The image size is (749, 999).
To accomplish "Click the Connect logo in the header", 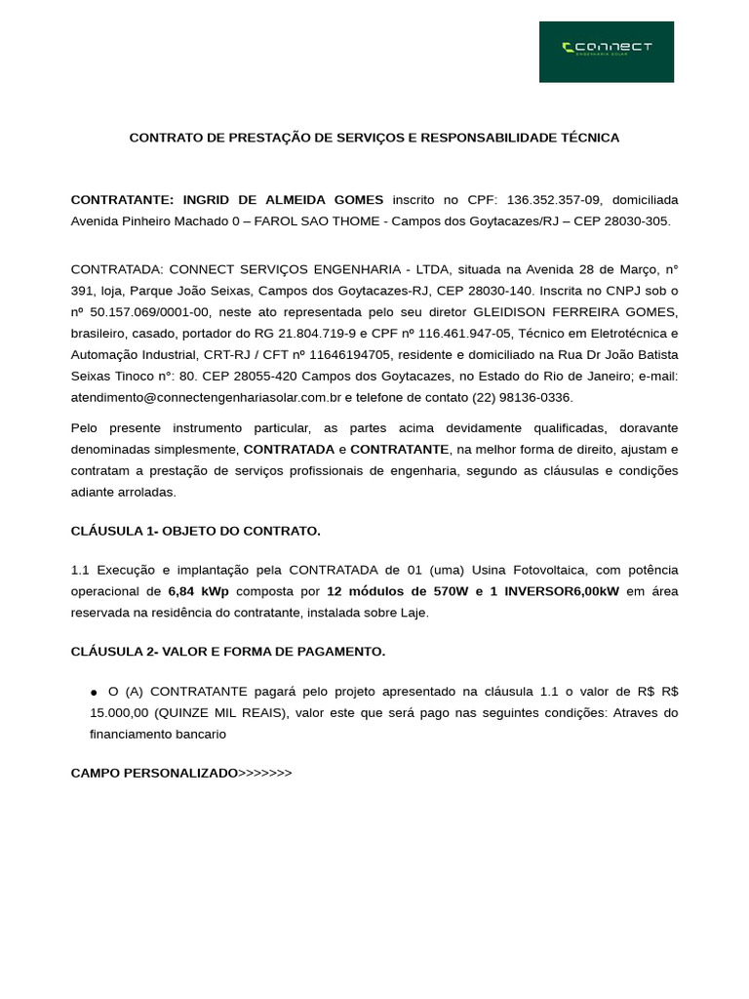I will [x=607, y=51].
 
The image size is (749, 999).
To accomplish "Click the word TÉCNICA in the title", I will [x=587, y=138].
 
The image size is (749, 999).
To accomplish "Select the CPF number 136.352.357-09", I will [x=554, y=199].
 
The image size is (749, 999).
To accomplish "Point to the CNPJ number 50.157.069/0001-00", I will [x=146, y=311].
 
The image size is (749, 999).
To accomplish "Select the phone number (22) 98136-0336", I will [x=523, y=397].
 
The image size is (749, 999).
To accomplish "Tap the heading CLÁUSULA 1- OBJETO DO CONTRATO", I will [x=195, y=531].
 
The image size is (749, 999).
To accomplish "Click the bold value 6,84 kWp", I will [x=198, y=591].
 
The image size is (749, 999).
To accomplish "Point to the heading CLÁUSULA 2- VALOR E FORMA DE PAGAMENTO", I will [x=228, y=652].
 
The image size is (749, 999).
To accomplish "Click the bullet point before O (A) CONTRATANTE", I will [x=94, y=692].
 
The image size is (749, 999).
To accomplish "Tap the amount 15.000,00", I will [x=118, y=712].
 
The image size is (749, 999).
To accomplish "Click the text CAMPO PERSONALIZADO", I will [x=154, y=773].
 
